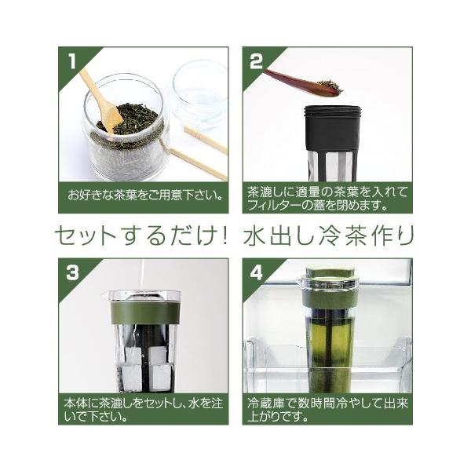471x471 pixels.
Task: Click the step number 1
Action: [72, 60]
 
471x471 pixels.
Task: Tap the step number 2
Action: [256, 60]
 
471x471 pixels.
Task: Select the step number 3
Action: [72, 272]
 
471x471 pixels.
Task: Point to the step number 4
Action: [256, 272]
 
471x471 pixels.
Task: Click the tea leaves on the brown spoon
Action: [330, 86]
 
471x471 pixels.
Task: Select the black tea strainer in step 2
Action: [332, 143]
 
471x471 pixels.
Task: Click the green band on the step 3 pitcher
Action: [146, 314]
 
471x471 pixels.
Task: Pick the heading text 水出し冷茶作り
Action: [329, 236]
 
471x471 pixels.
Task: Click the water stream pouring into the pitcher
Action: [142, 279]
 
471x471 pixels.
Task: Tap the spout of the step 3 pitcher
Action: [104, 294]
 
